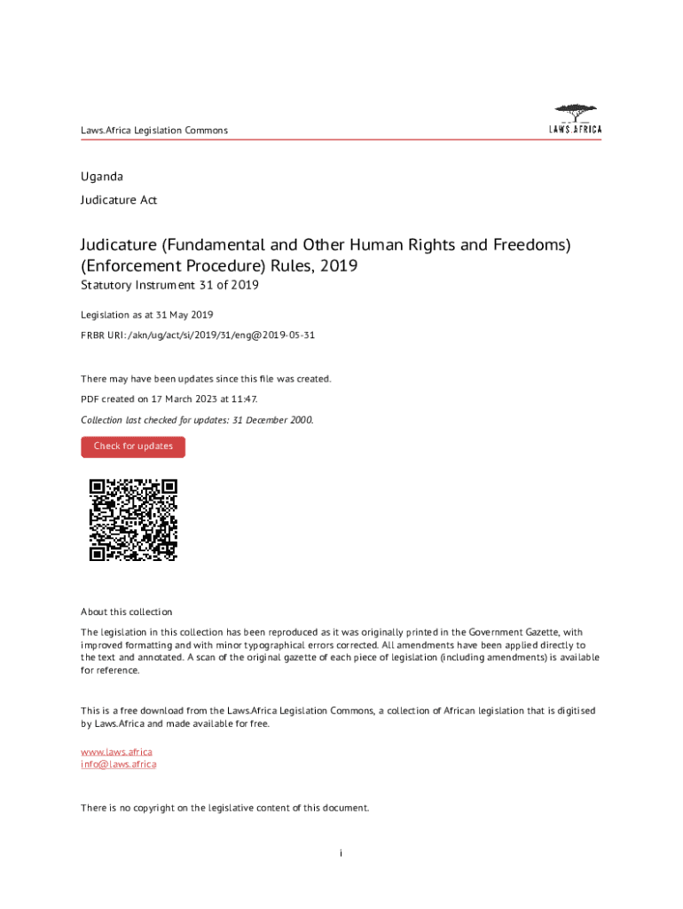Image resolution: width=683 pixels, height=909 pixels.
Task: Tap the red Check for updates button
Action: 133,447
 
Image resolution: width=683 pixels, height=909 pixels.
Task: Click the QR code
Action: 133,520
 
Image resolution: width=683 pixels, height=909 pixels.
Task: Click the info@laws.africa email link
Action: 118,764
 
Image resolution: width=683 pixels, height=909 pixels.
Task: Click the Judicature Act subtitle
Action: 119,201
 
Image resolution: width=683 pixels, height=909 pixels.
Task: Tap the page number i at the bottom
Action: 341,853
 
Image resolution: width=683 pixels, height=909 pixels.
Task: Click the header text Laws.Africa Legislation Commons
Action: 154,130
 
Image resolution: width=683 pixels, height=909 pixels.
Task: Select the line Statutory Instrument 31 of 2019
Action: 170,286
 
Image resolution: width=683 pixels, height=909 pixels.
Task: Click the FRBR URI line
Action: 198,336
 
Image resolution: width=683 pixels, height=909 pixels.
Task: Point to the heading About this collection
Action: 126,612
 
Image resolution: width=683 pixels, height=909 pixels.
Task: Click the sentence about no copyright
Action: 224,808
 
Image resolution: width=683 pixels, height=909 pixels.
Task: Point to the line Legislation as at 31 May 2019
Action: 146,315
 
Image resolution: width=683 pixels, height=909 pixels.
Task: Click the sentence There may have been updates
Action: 206,379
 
